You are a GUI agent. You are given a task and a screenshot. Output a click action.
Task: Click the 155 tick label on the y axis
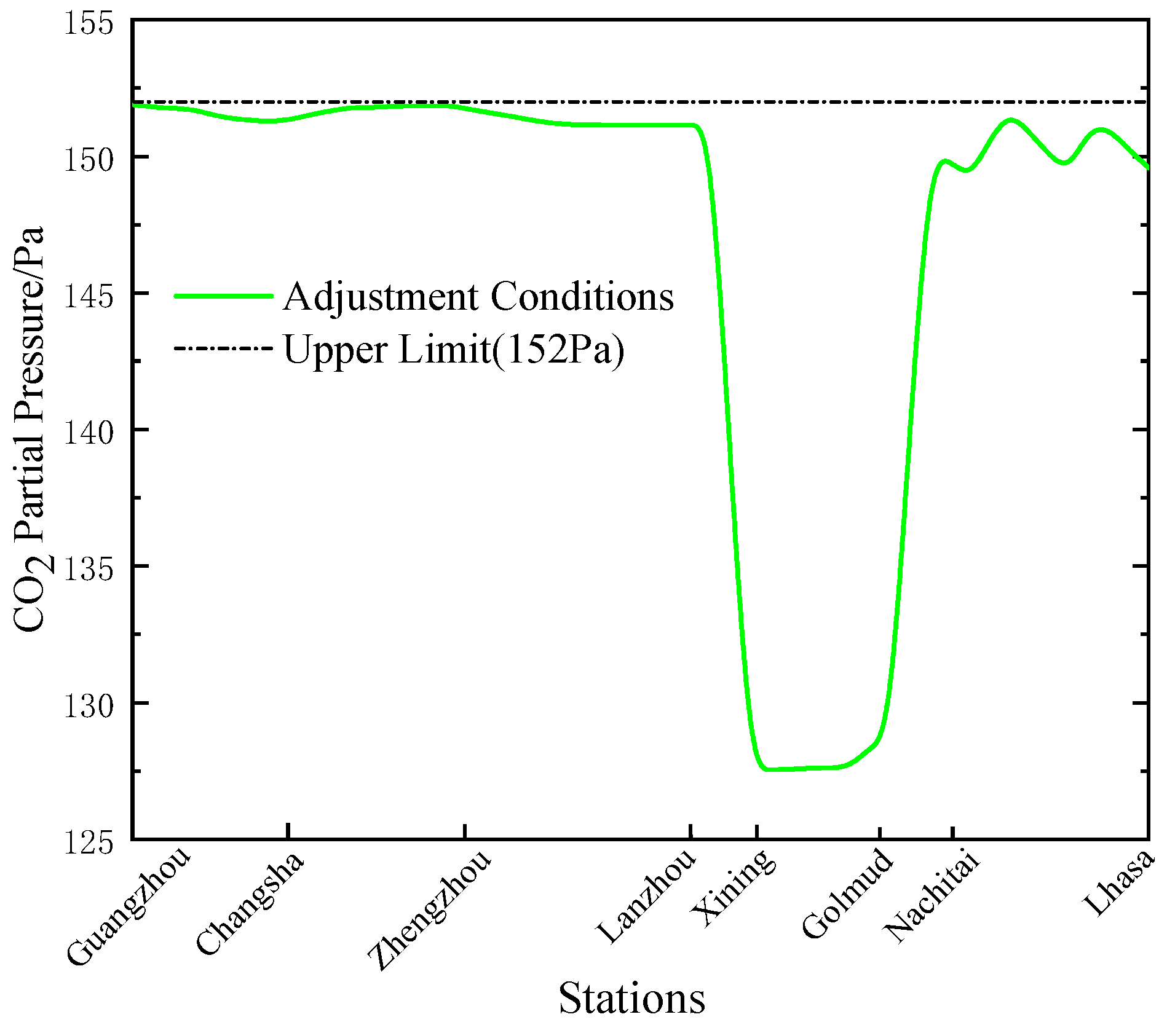tap(89, 25)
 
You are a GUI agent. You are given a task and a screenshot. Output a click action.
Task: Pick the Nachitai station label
tap(931, 898)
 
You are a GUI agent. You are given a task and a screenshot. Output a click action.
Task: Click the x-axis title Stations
tap(631, 999)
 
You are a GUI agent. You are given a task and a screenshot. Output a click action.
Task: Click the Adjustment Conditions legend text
tap(478, 297)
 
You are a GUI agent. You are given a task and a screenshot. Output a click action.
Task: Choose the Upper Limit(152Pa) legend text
tap(454, 350)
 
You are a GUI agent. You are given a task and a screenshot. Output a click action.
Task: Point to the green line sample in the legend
tap(223, 296)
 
